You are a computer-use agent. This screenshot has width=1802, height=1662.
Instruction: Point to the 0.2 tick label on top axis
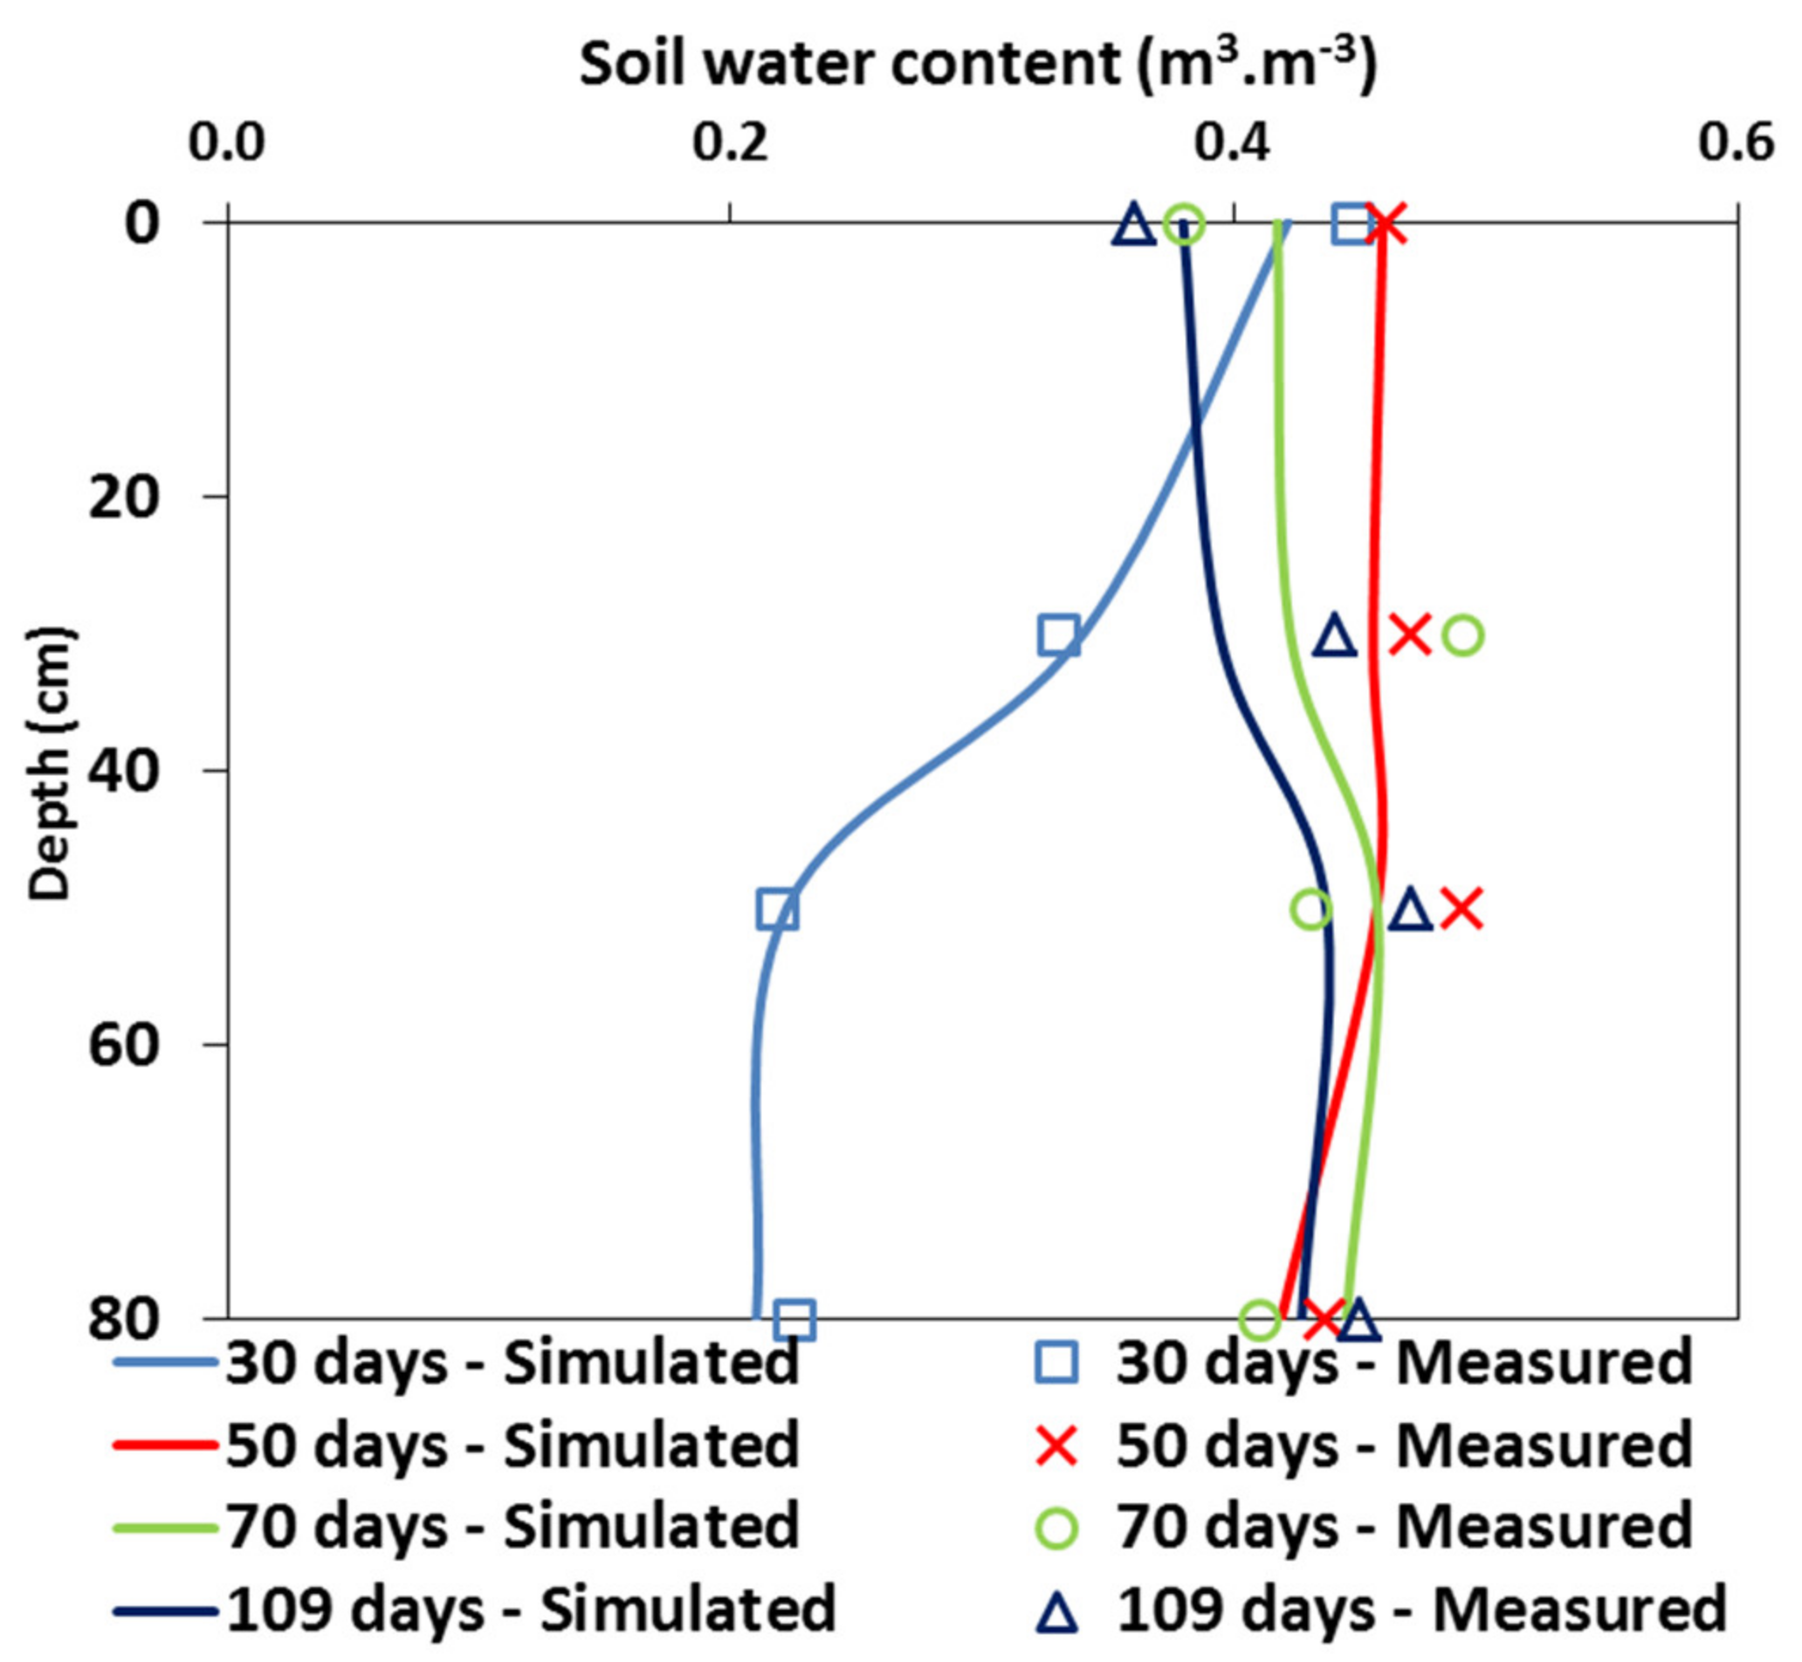[730, 143]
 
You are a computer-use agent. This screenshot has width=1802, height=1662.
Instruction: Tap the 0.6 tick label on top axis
[1736, 143]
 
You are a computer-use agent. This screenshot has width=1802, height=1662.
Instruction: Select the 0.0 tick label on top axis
[227, 143]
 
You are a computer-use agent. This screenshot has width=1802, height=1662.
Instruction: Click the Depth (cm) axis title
[49, 764]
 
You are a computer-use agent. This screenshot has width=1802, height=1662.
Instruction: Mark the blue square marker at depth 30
[1058, 635]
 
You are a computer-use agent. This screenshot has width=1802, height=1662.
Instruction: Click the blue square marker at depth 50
[777, 910]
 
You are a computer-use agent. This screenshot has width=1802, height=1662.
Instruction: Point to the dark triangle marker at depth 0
[1133, 225]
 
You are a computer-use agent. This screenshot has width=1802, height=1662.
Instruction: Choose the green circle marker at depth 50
[1310, 910]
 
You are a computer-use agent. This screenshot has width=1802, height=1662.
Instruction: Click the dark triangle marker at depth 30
[1335, 636]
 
